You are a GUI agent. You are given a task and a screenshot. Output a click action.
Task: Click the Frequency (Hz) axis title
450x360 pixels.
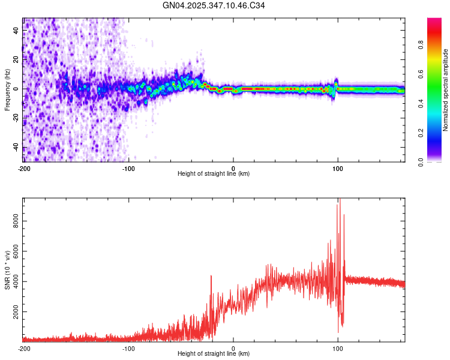(7, 91)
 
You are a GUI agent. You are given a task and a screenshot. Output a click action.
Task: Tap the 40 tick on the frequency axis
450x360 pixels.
(16, 29)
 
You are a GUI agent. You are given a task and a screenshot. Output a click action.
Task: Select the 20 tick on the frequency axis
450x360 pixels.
(16, 59)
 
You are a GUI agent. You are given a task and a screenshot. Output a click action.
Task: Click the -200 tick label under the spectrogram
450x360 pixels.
(23, 169)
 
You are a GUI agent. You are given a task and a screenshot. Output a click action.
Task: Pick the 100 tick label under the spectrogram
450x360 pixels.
(338, 169)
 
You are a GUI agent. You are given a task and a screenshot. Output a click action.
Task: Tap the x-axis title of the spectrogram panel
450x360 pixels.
(214, 174)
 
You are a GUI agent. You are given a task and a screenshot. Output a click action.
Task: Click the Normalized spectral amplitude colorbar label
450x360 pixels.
(445, 90)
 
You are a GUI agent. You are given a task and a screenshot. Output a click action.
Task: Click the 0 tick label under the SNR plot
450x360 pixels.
(233, 349)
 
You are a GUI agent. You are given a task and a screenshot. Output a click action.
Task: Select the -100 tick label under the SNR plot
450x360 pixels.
(128, 349)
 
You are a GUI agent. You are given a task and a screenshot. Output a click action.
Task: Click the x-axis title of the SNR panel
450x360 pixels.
(214, 354)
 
